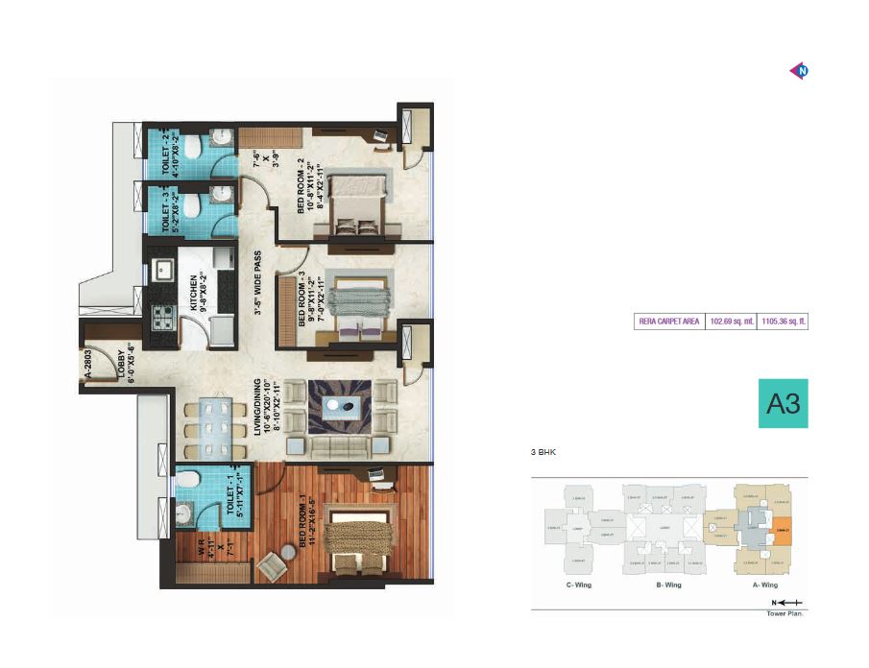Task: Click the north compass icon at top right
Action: (x=798, y=70)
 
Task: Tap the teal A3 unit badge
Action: (x=783, y=404)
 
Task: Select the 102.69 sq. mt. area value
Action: (x=731, y=322)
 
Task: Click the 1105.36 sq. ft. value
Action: (x=783, y=322)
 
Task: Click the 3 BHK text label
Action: (x=544, y=450)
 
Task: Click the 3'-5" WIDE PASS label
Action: (x=257, y=284)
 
